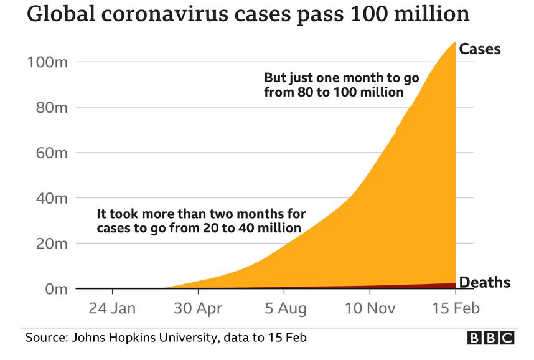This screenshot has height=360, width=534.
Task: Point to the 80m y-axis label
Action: tap(46, 107)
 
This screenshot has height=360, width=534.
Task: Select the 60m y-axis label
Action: tap(46, 153)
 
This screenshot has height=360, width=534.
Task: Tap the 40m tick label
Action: tap(46, 198)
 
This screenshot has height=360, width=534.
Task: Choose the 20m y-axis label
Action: tap(46, 244)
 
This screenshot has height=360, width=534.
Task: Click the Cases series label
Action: tap(480, 49)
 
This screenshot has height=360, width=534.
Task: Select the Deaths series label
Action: tap(484, 283)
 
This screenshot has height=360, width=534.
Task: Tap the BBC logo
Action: tap(491, 338)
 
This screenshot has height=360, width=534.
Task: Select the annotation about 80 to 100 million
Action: tap(341, 85)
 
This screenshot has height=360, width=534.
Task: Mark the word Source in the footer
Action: tap(45, 338)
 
